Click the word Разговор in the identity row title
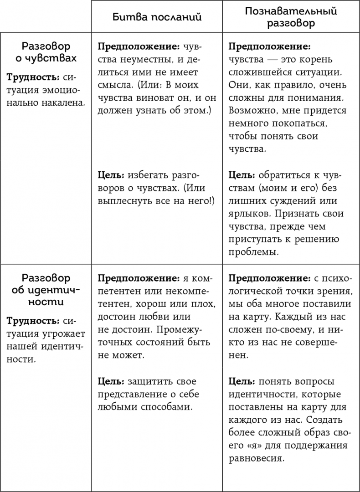coord(46,278)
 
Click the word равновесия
coord(255,457)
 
